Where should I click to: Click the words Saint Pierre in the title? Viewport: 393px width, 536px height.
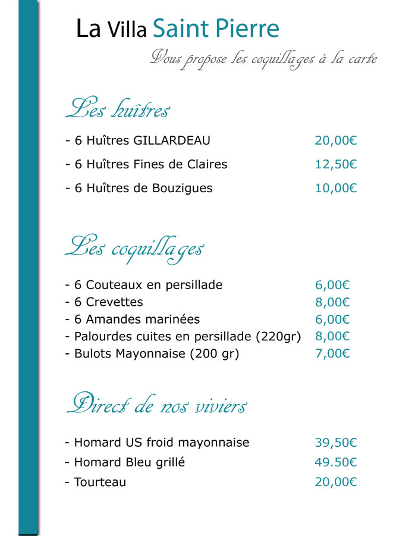pyautogui.click(x=216, y=29)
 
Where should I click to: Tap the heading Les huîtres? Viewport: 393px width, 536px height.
pyautogui.click(x=118, y=109)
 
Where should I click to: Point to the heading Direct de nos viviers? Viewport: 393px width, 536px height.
pyautogui.click(x=156, y=406)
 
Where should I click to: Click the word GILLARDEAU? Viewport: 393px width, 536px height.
pyautogui.click(x=172, y=141)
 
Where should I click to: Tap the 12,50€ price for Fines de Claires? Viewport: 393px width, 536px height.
pyautogui.click(x=335, y=164)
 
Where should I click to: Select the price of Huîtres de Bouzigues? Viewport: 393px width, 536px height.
pyautogui.click(x=335, y=188)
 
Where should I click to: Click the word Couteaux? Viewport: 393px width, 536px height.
pyautogui.click(x=112, y=285)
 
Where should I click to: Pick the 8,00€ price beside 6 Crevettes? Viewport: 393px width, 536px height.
pyautogui.click(x=332, y=302)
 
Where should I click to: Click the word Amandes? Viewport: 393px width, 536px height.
pyautogui.click(x=111, y=319)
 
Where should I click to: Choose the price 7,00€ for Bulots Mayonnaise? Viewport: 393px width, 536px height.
pyautogui.click(x=332, y=353)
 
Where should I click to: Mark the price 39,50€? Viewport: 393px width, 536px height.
pyautogui.click(x=335, y=443)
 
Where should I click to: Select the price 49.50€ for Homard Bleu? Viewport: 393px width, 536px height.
pyautogui.click(x=335, y=462)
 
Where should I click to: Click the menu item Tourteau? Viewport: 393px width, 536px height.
pyautogui.click(x=100, y=482)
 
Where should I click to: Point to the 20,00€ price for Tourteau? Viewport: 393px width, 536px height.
pyautogui.click(x=335, y=482)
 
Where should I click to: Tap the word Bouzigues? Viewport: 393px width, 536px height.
pyautogui.click(x=181, y=188)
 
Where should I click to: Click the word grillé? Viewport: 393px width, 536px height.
pyautogui.click(x=171, y=462)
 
